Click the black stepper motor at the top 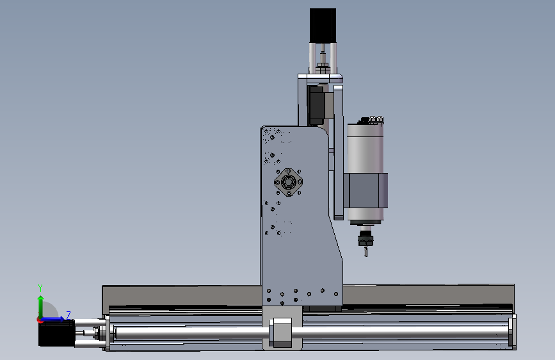323,26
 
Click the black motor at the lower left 56,333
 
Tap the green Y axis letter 40,288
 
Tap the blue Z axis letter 68,315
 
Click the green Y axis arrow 41,307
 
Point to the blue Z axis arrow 52,319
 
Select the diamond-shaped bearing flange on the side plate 289,182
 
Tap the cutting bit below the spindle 366,252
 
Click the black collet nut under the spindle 366,238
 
